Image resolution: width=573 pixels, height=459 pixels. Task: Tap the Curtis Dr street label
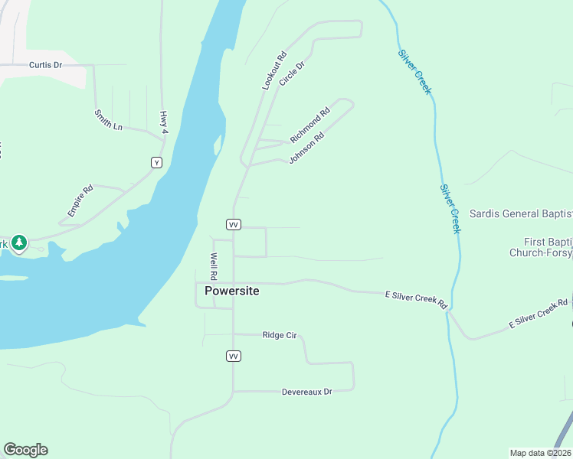coord(45,65)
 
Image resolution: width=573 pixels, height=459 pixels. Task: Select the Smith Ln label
coord(108,120)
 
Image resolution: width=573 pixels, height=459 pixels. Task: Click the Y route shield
coord(156,162)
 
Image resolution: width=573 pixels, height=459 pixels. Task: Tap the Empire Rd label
coord(80,200)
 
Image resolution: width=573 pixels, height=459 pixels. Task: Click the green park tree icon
coord(19,243)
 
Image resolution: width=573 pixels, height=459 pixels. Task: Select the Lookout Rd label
coord(273,71)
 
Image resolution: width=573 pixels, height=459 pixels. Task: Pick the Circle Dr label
coord(292,73)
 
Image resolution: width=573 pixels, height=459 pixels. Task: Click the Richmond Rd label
coord(309,125)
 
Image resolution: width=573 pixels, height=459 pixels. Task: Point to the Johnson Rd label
coord(306,148)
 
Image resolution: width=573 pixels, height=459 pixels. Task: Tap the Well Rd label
coord(214,265)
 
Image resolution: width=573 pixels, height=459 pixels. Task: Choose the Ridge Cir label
coord(279,335)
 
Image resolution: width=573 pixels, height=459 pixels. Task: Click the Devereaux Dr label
coord(306,392)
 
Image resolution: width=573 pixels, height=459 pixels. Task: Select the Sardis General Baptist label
coord(520,213)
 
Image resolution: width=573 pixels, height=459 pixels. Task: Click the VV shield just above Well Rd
coord(234,224)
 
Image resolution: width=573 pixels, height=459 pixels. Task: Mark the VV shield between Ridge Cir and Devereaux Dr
coord(234,356)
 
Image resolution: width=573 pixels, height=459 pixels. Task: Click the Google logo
coord(25,450)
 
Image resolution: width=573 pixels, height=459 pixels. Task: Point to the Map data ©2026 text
coord(539,453)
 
